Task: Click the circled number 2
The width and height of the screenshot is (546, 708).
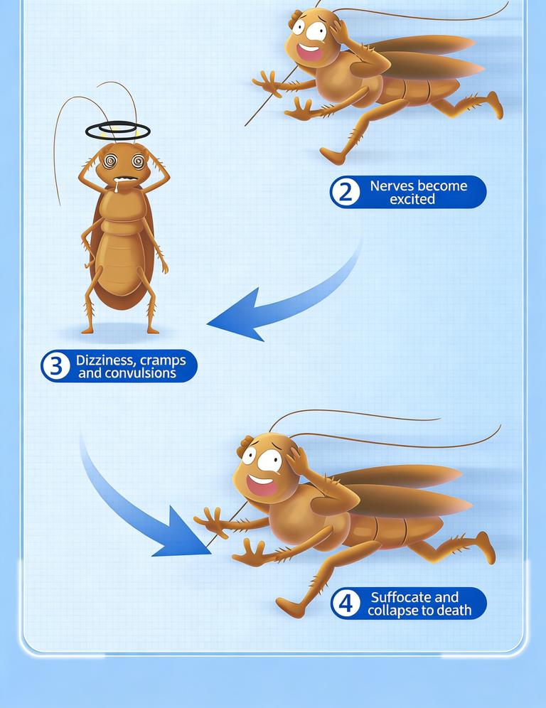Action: pos(346,192)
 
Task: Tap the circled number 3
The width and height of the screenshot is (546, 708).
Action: pos(55,366)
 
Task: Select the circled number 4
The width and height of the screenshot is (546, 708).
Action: pos(346,604)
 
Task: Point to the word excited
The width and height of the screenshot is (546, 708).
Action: pos(412,199)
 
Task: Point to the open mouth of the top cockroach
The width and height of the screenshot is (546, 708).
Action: pos(310,51)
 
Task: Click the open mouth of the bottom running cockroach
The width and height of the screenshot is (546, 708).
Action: pos(261,484)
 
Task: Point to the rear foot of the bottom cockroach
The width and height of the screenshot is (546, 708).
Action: pos(486,547)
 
